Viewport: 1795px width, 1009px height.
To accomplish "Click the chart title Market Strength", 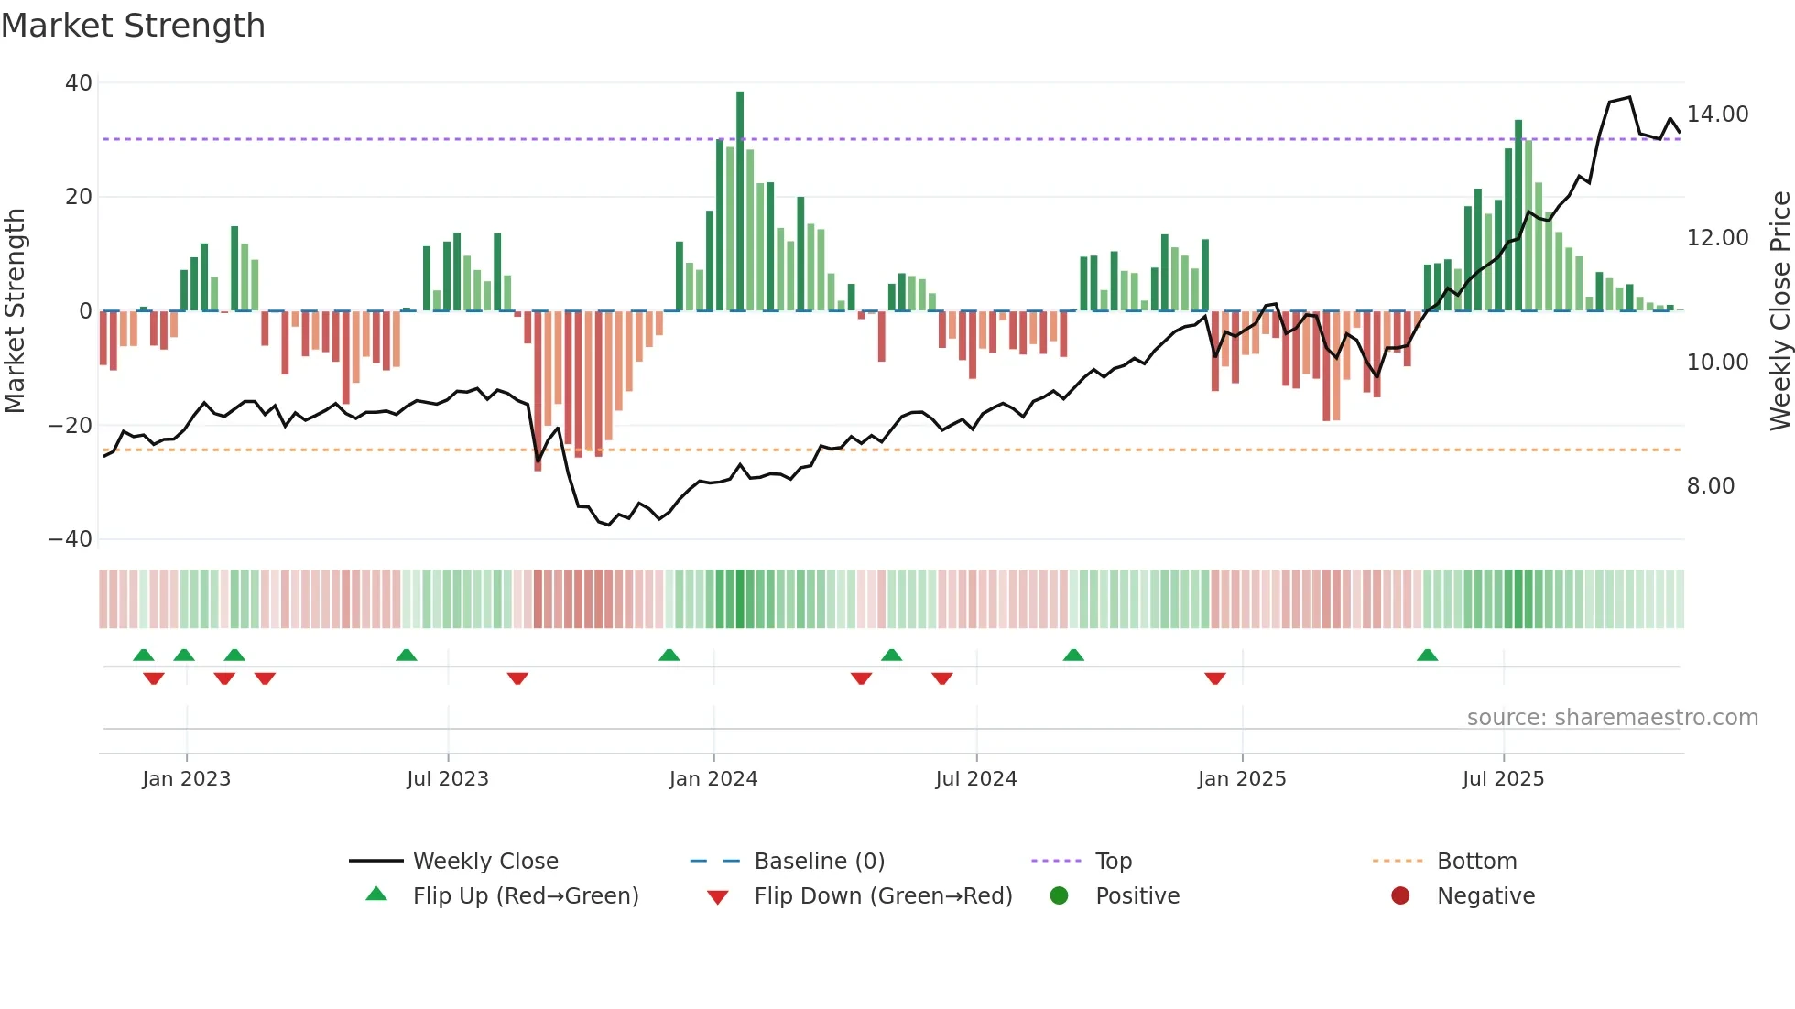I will (133, 26).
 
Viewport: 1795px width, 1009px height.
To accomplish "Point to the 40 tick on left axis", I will (79, 83).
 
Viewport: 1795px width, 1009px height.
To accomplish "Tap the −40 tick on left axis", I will (71, 539).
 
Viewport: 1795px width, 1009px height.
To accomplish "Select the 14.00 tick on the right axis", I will (1717, 114).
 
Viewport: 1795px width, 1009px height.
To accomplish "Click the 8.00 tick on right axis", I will (1710, 486).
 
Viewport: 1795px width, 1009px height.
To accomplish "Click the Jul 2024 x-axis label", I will (975, 779).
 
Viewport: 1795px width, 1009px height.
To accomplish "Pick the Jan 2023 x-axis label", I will (186, 779).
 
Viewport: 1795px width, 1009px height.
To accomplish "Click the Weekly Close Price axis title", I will (1779, 311).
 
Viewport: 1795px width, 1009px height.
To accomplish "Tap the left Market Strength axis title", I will (15, 311).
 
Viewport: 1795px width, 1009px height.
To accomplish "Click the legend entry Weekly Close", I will (484, 862).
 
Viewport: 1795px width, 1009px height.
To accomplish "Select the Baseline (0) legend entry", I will (819, 862).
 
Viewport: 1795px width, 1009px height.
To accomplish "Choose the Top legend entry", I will (1113, 862).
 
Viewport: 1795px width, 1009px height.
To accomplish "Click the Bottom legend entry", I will (1476, 862).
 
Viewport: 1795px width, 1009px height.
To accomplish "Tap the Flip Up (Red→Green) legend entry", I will (525, 896).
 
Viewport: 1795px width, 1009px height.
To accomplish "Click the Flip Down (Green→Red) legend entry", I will (883, 896).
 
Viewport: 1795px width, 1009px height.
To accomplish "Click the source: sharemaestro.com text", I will (1612, 718).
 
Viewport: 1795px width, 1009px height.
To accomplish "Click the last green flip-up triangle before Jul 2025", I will (1427, 656).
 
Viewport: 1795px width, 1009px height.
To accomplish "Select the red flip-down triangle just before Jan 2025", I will (1215, 678).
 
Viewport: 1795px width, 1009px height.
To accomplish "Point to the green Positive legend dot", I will (1060, 896).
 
